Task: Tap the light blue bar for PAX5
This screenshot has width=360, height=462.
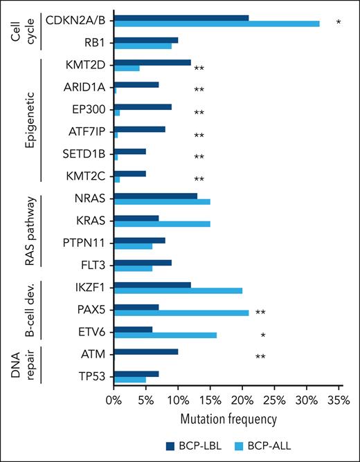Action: (181, 313)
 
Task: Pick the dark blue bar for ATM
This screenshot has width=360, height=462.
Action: (145, 352)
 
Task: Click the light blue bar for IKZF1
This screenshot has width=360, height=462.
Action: (177, 290)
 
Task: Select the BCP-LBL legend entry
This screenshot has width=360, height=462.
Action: (190, 447)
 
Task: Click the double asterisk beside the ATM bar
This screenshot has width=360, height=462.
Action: (260, 357)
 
